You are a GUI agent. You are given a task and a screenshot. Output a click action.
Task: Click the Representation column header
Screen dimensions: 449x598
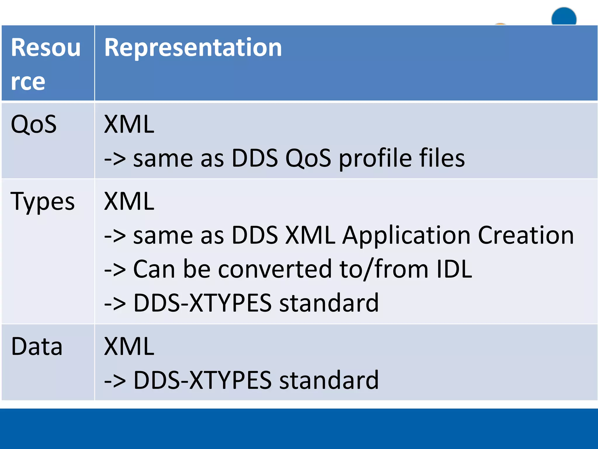pyautogui.click(x=193, y=48)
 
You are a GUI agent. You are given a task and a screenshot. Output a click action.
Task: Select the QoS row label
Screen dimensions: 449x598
pyautogui.click(x=34, y=125)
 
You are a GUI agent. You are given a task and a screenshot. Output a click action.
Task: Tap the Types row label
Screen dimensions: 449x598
pyautogui.click(x=43, y=202)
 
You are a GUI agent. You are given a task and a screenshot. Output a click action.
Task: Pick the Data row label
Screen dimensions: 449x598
pyautogui.click(x=37, y=347)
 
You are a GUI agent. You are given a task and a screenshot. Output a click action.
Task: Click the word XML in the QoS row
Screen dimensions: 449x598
pyautogui.click(x=129, y=125)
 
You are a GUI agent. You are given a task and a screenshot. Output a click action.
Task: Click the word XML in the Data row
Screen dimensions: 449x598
pyautogui.click(x=129, y=347)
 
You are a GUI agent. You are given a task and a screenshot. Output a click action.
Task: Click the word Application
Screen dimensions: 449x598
pyautogui.click(x=406, y=236)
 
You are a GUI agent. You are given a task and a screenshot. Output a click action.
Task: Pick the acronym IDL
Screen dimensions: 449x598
pyautogui.click(x=454, y=269)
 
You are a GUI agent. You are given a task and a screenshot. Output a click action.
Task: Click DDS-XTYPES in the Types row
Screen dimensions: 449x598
pyautogui.click(x=202, y=303)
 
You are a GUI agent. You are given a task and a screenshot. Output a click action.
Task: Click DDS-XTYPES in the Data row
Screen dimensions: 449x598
pyautogui.click(x=202, y=380)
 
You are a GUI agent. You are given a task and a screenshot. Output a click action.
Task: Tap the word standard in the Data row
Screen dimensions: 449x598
pyautogui.click(x=329, y=380)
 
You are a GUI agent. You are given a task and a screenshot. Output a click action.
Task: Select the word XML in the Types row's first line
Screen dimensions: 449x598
pyautogui.click(x=129, y=201)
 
